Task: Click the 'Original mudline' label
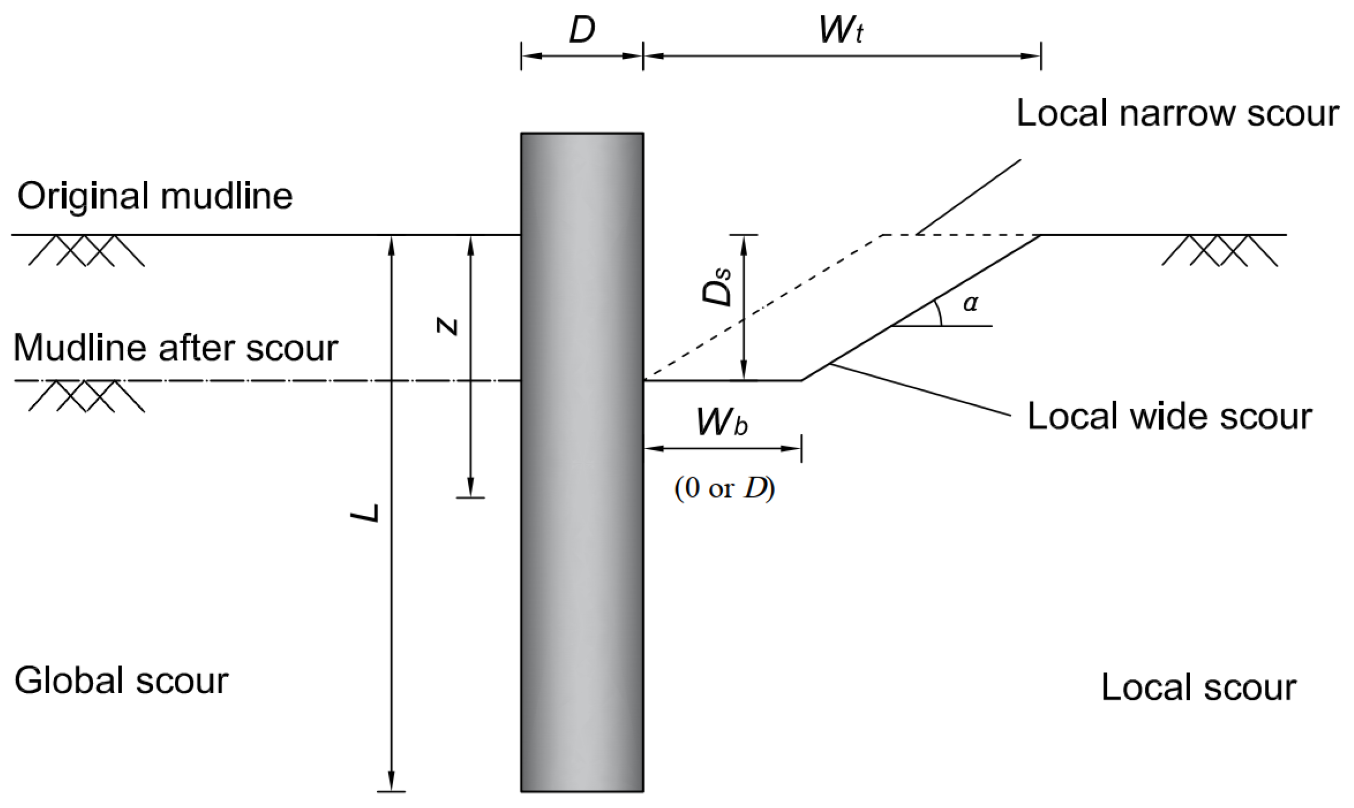pyautogui.click(x=155, y=196)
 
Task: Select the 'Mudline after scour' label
pyautogui.click(x=175, y=348)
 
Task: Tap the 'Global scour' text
pyautogui.click(x=121, y=681)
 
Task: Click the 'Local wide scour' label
pyautogui.click(x=1169, y=417)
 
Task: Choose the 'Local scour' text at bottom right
pyautogui.click(x=1198, y=688)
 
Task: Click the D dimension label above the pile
pyautogui.click(x=582, y=31)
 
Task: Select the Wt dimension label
pyautogui.click(x=841, y=31)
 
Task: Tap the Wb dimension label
pyautogui.click(x=722, y=422)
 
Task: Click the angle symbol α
pyautogui.click(x=970, y=303)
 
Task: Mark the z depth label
pyautogui.click(x=448, y=326)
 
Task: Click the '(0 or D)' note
pyautogui.click(x=725, y=489)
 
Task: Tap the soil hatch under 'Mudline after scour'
pyautogui.click(x=86, y=396)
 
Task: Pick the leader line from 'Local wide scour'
pyautogui.click(x=920, y=390)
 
